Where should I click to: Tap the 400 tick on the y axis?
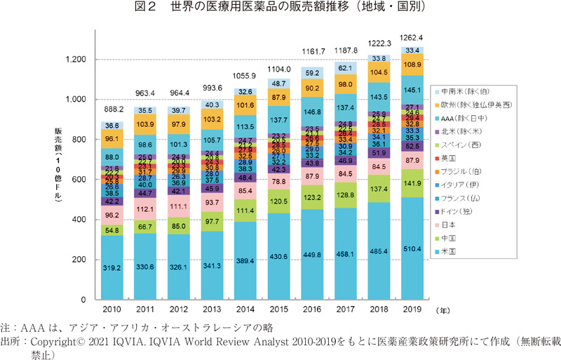pyautogui.click(x=76, y=220)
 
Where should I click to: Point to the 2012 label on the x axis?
pyautogui.click(x=182, y=309)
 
